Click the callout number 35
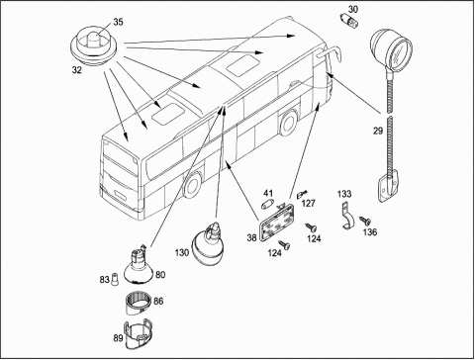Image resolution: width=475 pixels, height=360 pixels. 118,22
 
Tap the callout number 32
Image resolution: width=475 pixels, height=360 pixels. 77,70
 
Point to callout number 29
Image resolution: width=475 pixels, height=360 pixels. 378,131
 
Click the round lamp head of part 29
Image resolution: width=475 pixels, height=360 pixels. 391,48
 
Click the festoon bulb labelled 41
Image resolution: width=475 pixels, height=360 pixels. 266,206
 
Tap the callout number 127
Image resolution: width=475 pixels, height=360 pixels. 309,203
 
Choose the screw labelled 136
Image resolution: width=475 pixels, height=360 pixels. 364,220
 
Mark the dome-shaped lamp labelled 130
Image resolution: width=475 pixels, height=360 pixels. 208,243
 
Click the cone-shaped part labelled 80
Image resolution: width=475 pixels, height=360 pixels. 138,268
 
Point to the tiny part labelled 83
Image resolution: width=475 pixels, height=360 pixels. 115,280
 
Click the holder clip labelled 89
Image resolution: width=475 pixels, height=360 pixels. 137,333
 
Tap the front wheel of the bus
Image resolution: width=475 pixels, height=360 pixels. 192,185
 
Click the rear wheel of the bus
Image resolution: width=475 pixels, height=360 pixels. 288,123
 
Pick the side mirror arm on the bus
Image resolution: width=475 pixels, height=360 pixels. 329,52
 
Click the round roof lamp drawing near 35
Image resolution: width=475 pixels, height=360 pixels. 94,45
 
